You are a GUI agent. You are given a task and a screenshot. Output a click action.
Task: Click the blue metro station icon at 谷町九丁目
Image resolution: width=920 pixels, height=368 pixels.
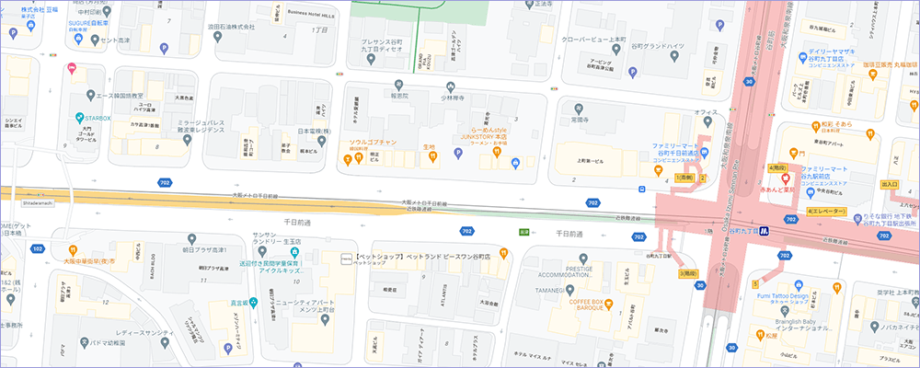[x=790, y=219]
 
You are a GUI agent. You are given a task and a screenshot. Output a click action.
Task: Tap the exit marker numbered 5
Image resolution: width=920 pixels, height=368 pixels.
[x=755, y=283]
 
